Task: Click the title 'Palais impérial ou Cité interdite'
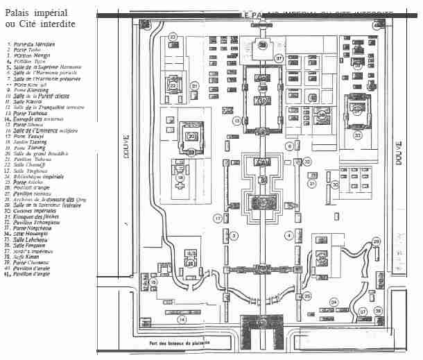coord(40,19)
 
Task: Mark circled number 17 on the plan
coord(218,218)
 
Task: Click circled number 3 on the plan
coord(234,236)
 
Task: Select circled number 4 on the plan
coord(288,235)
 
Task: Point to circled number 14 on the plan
coord(182,320)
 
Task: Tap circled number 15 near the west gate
coord(154,282)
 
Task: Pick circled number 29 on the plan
coord(376,241)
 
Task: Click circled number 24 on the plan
coord(334,302)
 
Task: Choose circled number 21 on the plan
coord(195,86)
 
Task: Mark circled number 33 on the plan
coord(358,136)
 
